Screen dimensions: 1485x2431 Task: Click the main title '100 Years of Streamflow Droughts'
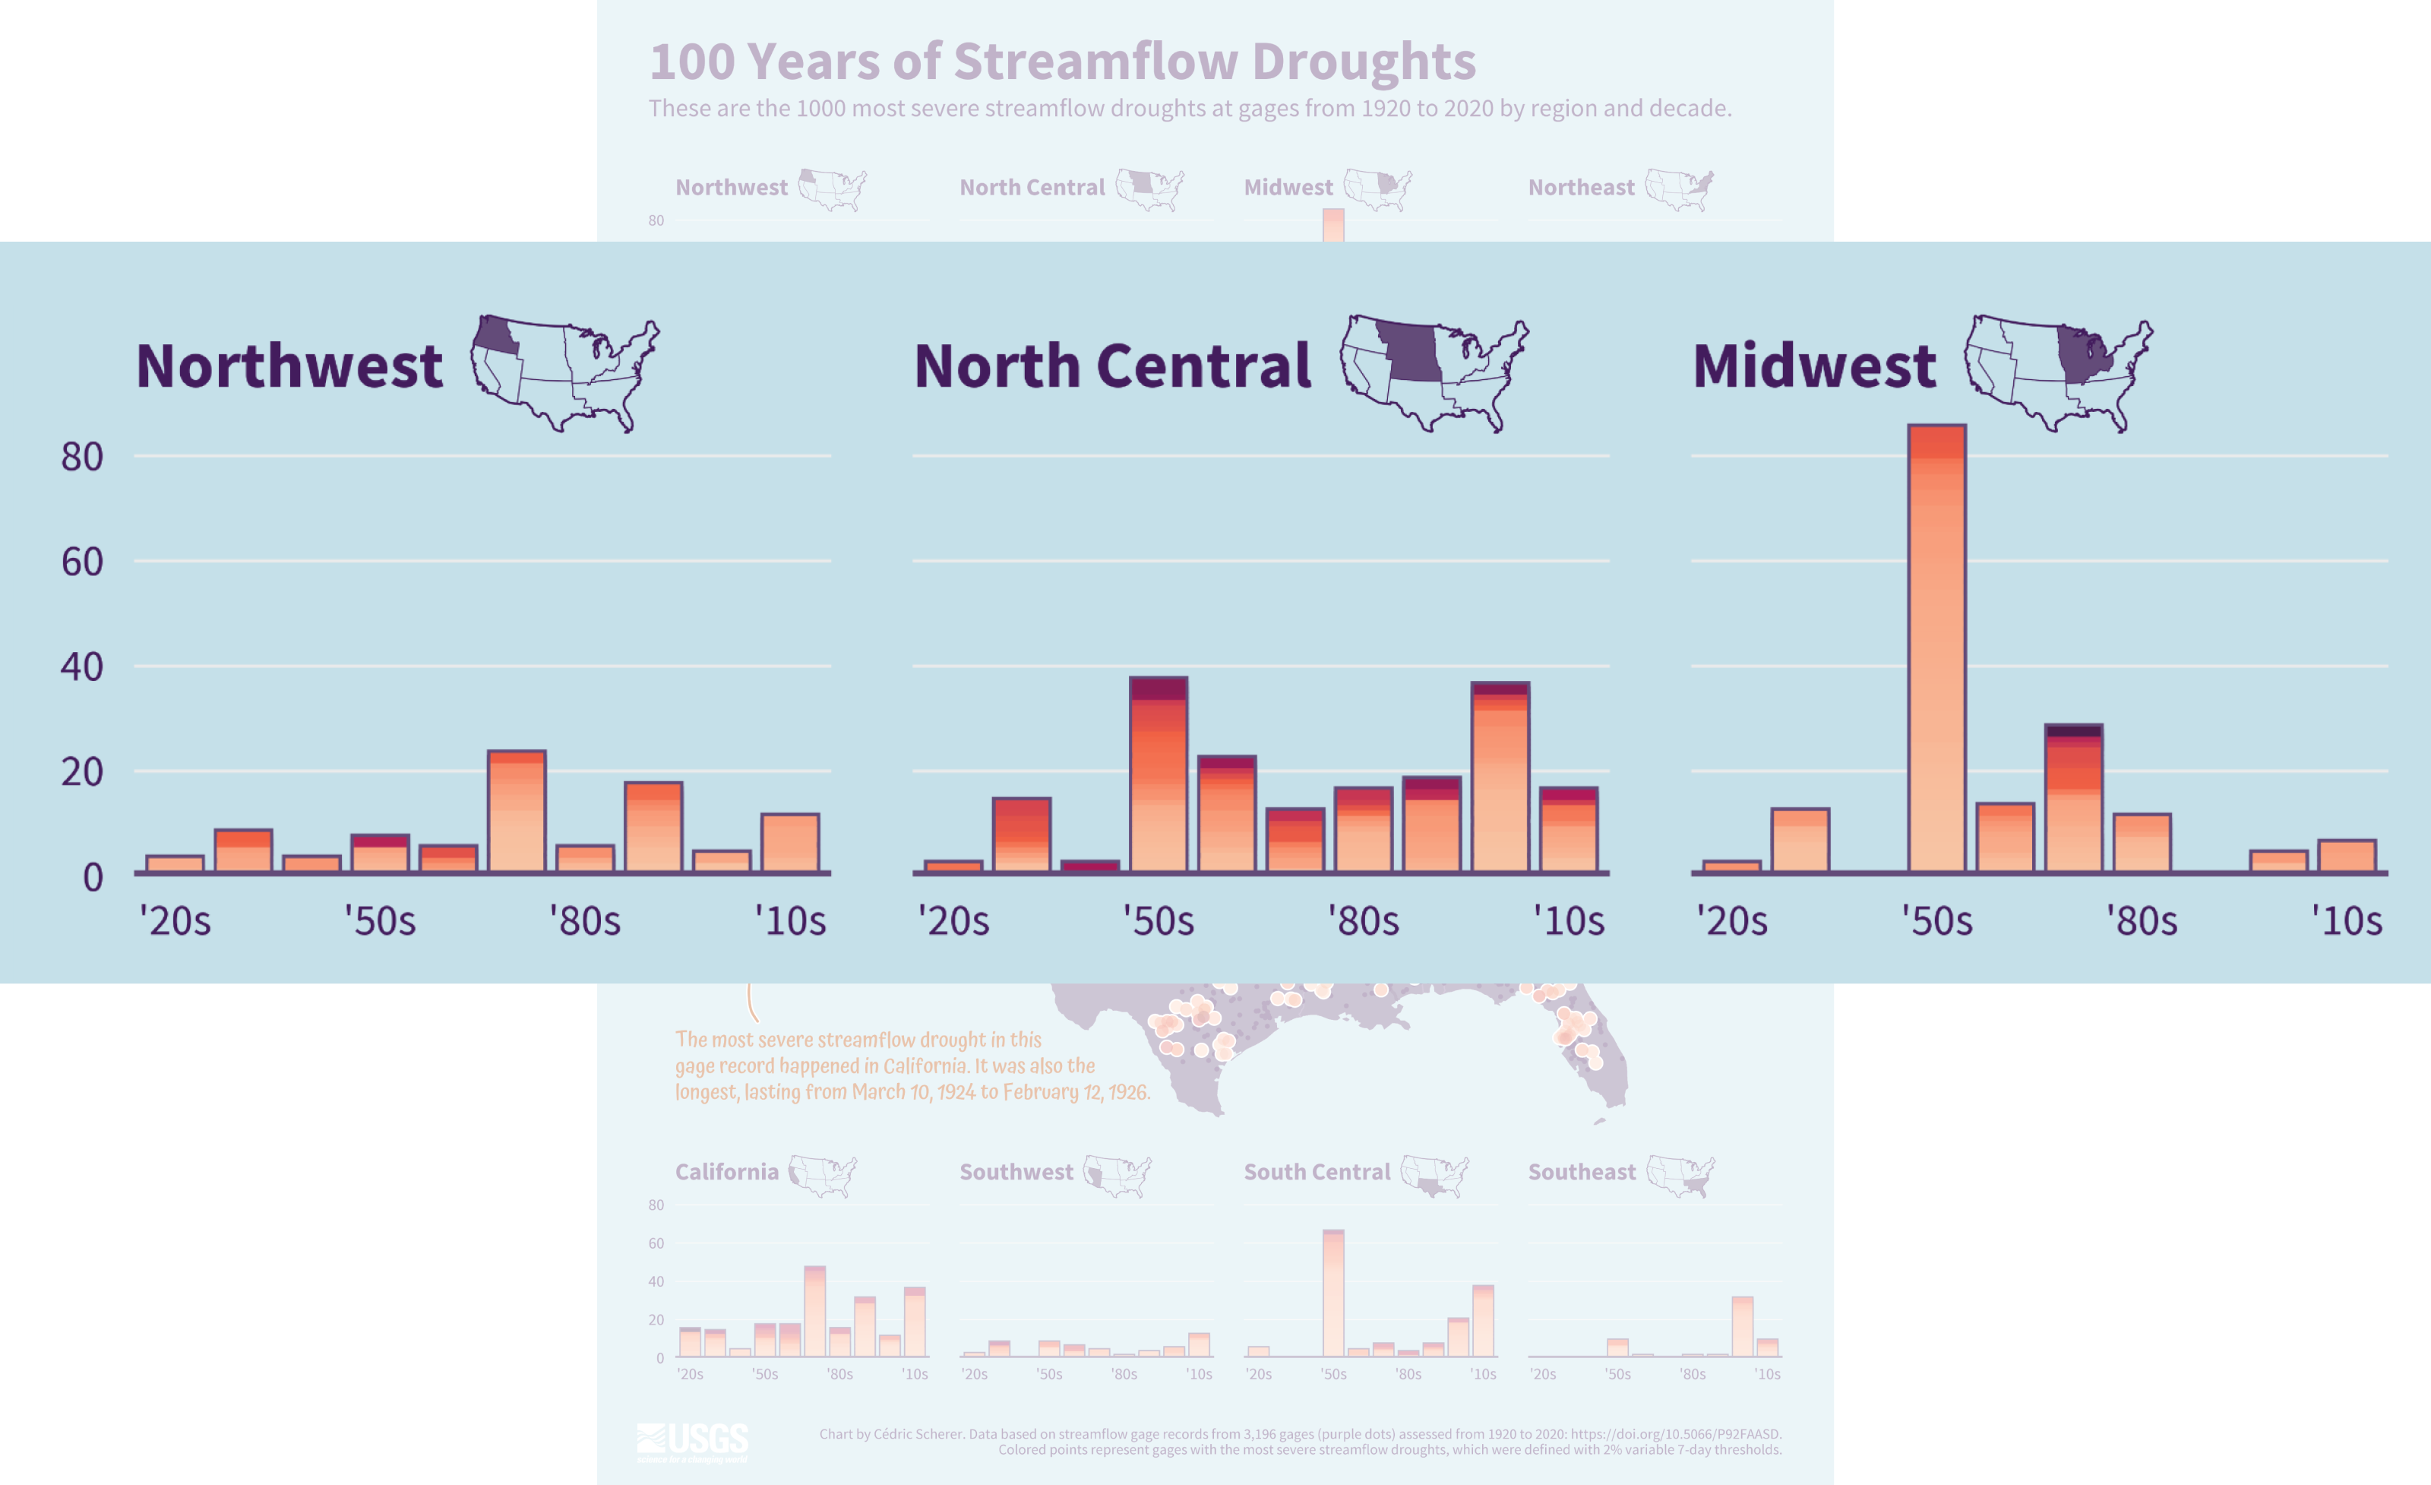pyautogui.click(x=1061, y=61)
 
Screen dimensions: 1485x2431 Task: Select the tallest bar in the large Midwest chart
pyautogui.click(x=1936, y=648)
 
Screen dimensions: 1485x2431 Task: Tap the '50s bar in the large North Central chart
pyautogui.click(x=1159, y=774)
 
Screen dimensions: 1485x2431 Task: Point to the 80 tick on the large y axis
pyautogui.click(x=82, y=457)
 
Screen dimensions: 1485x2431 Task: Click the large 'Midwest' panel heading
pyautogui.click(x=1813, y=366)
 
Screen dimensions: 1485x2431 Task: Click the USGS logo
pyautogui.click(x=693, y=1442)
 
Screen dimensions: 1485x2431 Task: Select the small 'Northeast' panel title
pyautogui.click(x=1581, y=188)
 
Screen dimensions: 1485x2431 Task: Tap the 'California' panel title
pyautogui.click(x=726, y=1171)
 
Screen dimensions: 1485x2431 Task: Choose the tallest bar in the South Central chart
pyautogui.click(x=1333, y=1293)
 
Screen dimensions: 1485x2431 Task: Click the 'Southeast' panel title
pyautogui.click(x=1582, y=1171)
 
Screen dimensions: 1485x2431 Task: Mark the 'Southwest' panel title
pyautogui.click(x=1016, y=1171)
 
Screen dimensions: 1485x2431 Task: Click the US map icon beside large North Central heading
pyautogui.click(x=1434, y=373)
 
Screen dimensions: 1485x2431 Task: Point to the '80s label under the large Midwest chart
pyautogui.click(x=2141, y=920)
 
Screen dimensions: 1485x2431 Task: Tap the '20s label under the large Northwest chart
pyautogui.click(x=175, y=920)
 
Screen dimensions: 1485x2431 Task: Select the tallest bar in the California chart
pyautogui.click(x=815, y=1310)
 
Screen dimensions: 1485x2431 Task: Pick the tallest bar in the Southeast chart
pyautogui.click(x=1743, y=1326)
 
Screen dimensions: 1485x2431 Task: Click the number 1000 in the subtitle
pyautogui.click(x=823, y=109)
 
